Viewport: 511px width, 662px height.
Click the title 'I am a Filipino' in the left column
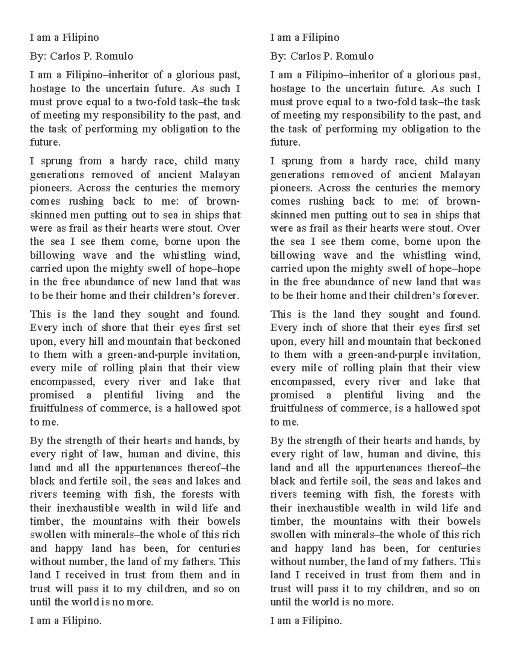click(64, 38)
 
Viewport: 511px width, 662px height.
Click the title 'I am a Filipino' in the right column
click(304, 38)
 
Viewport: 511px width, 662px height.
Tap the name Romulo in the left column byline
click(115, 56)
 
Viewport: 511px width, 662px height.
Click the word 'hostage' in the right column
click(287, 89)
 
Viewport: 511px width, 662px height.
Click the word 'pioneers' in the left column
click(46, 188)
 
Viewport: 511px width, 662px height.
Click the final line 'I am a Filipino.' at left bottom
click(66, 621)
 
